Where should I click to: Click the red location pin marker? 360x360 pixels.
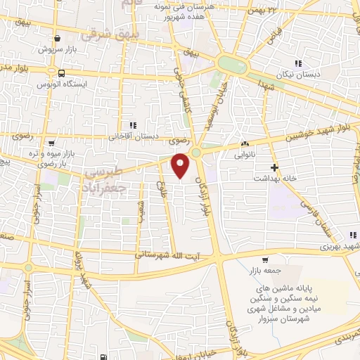tap(181, 166)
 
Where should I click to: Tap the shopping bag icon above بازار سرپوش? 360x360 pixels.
tap(57, 39)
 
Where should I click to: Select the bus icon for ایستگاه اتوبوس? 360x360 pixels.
tap(63, 72)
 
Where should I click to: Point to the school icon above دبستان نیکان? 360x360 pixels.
tap(298, 65)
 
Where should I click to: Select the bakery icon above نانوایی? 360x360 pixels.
tap(245, 141)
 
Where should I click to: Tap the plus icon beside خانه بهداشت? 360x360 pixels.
tap(274, 167)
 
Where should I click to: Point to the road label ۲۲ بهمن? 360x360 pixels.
tap(262, 9)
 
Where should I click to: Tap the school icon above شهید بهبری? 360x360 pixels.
tap(352, 235)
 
